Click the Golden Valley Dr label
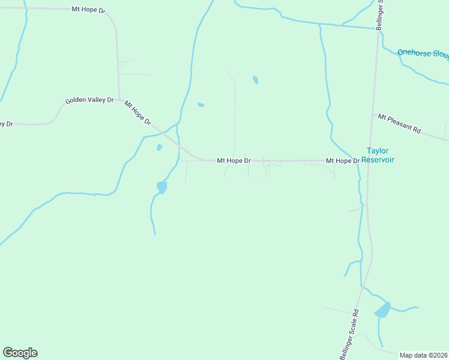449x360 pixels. [89, 100]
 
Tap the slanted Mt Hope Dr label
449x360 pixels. [137, 113]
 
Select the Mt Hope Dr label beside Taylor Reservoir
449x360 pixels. [342, 161]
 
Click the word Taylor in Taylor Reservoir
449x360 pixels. [378, 151]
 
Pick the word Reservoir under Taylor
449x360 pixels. [378, 160]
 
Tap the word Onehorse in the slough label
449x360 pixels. [413, 53]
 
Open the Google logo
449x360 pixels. [20, 353]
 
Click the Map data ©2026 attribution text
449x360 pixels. [424, 355]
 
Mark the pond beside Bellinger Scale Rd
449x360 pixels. [382, 310]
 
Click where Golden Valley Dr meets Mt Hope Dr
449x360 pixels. [119, 100]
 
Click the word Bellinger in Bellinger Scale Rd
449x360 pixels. [344, 349]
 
